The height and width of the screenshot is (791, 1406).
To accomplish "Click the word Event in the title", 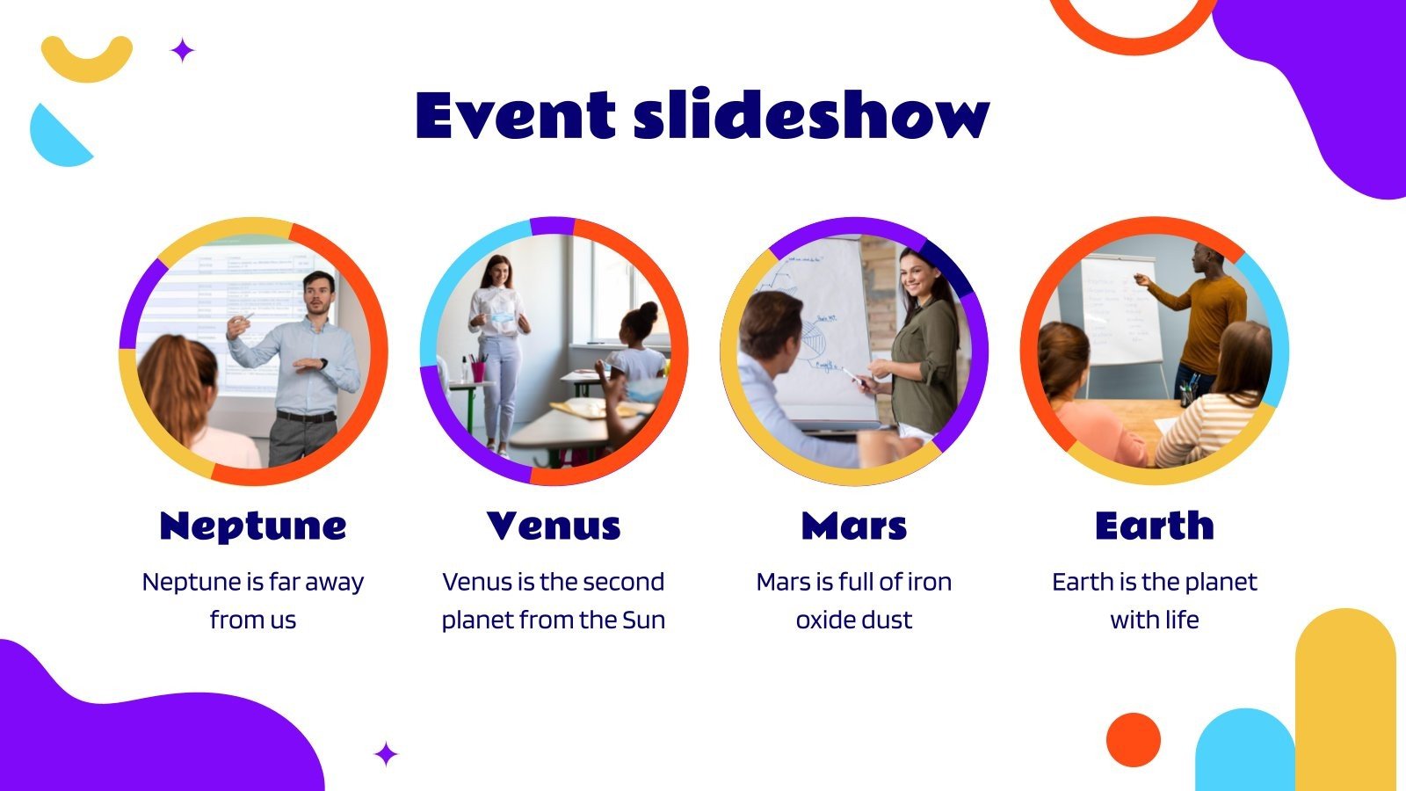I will pyautogui.click(x=515, y=116).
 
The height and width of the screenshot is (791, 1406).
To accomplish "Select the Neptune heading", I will pyautogui.click(x=253, y=526).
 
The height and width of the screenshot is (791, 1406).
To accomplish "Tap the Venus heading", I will pyautogui.click(x=554, y=526).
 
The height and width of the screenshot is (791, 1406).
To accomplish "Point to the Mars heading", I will pyautogui.click(x=854, y=526).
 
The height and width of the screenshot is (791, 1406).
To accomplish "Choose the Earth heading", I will pyautogui.click(x=1155, y=526).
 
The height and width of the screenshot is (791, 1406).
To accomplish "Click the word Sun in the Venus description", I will pyautogui.click(x=643, y=620).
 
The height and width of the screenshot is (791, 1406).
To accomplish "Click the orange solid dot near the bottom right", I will pyautogui.click(x=1134, y=739).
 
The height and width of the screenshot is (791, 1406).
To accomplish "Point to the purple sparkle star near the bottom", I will pyautogui.click(x=386, y=754).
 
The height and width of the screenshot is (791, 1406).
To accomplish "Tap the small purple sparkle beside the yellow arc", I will pyautogui.click(x=182, y=51).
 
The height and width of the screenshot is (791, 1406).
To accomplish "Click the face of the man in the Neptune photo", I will pyautogui.click(x=317, y=294).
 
